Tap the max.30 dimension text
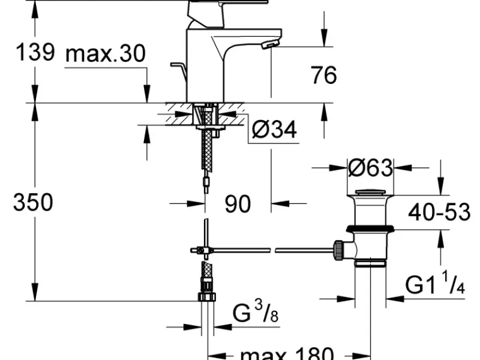tap(106, 54)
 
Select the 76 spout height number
tap(324, 74)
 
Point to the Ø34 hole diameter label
tap(274, 129)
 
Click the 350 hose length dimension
tap(33, 202)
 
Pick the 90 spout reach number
tap(238, 204)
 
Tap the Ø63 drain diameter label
tap(370, 168)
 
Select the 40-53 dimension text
tap(439, 212)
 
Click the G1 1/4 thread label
tap(435, 284)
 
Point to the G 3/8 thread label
tap(256, 311)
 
